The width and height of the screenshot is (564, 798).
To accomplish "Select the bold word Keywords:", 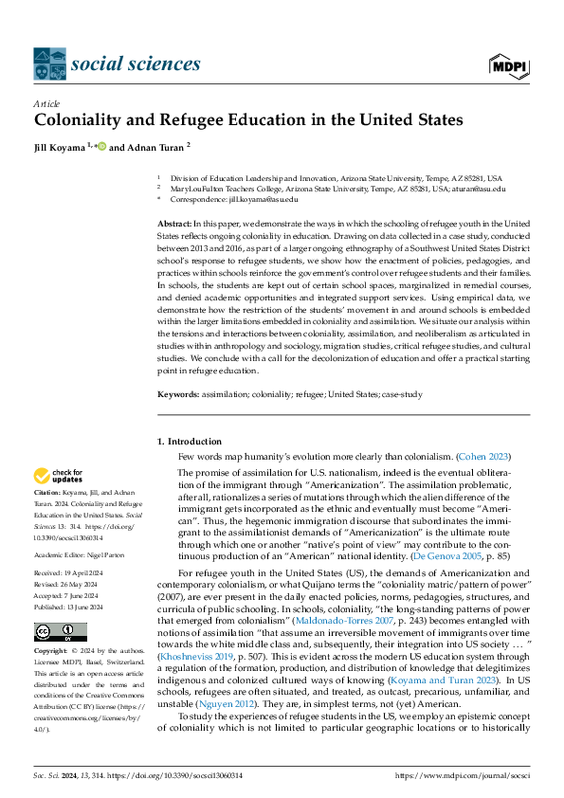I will (178, 393).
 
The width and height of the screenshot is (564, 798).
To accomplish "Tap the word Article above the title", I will (46, 103).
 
